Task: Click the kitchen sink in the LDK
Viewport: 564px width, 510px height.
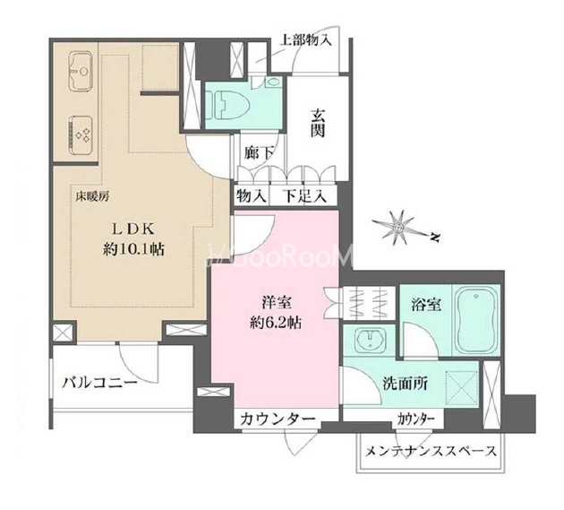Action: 81,72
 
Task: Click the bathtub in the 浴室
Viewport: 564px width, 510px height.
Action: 476,319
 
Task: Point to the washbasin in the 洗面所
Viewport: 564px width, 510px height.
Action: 370,340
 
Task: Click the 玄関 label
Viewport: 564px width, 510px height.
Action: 318,123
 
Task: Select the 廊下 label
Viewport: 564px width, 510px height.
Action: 257,154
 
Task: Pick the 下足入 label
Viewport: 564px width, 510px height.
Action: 304,196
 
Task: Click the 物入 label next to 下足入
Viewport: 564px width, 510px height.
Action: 251,196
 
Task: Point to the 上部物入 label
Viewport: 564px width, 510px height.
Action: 305,40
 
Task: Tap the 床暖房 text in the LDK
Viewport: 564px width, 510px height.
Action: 91,196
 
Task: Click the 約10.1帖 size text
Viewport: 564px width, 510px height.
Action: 133,248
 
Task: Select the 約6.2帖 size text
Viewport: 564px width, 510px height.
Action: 276,323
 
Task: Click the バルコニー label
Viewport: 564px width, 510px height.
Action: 99,382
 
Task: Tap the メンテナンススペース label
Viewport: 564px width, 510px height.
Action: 431,451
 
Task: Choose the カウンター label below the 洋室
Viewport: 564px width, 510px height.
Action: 278,419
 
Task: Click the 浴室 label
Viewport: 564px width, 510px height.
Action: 426,305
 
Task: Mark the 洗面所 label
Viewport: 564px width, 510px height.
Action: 405,385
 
